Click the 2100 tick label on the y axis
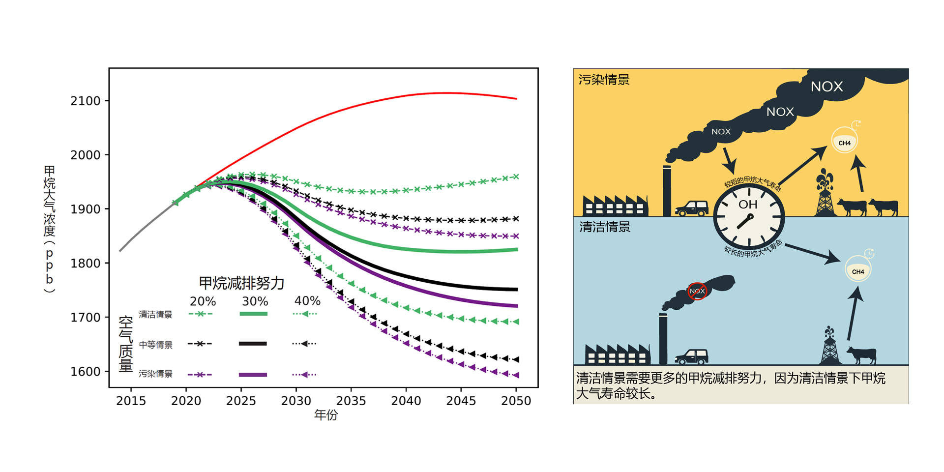pos(86,101)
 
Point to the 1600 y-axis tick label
pos(86,372)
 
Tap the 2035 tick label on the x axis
pos(351,401)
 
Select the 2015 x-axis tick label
pos(131,401)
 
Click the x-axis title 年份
pos(326,415)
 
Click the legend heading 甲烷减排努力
pos(241,283)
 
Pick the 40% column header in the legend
pos(307,301)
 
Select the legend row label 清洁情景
pos(155,315)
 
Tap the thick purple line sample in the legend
pos(253,375)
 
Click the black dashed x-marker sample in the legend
pos(200,344)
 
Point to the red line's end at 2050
pos(516,99)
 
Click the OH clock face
pos(748,216)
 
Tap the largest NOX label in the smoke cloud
pos(826,87)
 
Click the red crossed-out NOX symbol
pos(697,291)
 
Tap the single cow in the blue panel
pos(862,354)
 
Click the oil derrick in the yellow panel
pos(825,194)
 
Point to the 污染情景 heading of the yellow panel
pos(604,80)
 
